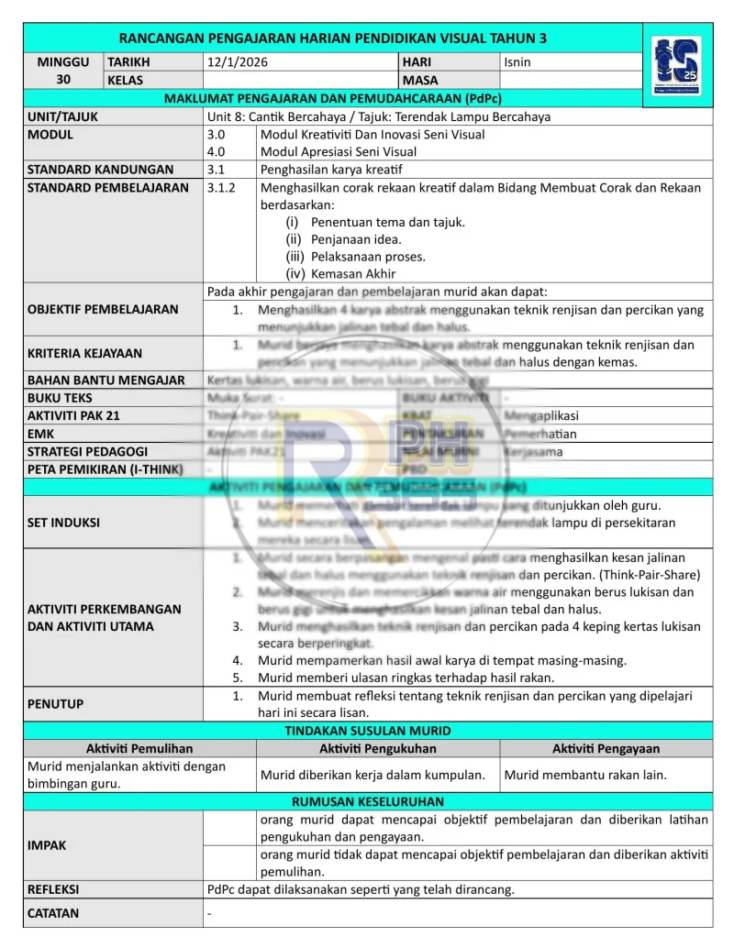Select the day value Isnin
[517, 62]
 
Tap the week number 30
[63, 80]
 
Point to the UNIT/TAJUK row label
[62, 116]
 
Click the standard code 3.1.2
[222, 187]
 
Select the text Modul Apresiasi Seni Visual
[339, 151]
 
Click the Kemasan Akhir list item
[353, 273]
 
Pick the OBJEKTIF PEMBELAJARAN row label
[103, 309]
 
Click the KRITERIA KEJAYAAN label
[84, 353]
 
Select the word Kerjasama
[533, 451]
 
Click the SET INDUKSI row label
[63, 523]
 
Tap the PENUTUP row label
[55, 704]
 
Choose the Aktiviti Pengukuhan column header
[378, 748]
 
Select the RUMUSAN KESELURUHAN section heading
[367, 801]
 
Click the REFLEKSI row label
[53, 888]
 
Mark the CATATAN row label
[53, 913]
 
